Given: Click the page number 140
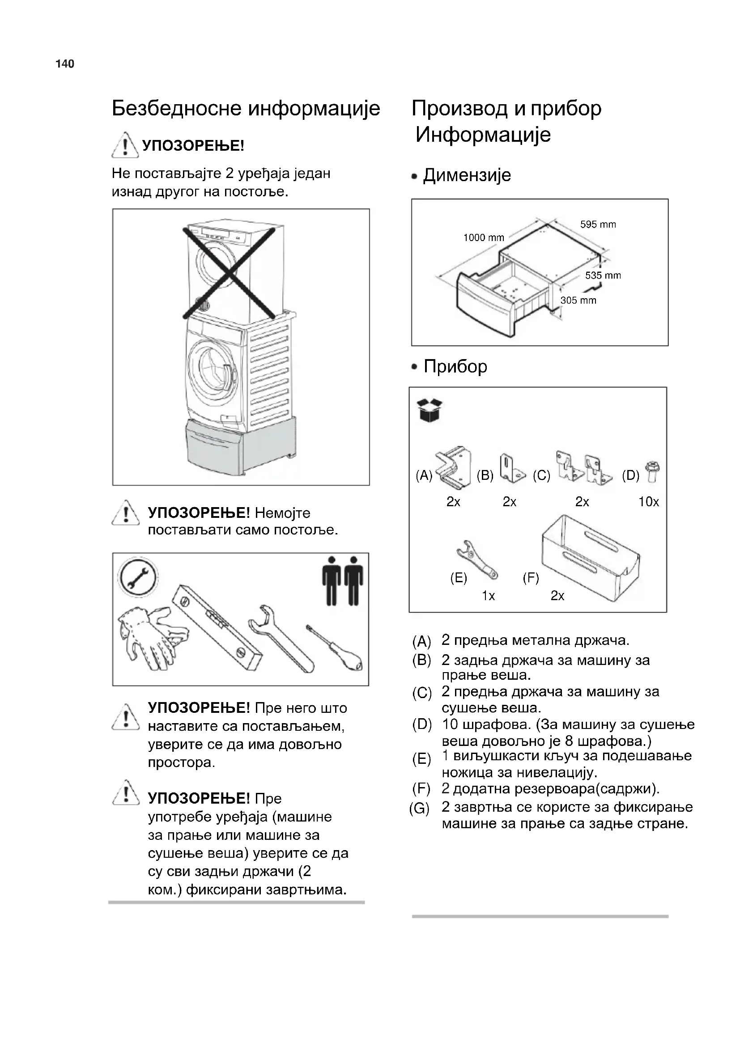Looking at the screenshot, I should (x=65, y=64).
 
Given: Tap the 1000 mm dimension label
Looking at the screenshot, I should (x=484, y=237).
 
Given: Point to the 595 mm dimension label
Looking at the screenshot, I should (x=598, y=224).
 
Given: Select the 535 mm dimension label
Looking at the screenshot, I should (x=603, y=275).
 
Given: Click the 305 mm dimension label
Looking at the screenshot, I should (x=578, y=300).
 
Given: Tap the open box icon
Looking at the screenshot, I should (x=430, y=410).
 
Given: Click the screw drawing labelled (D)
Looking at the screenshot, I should (x=652, y=471).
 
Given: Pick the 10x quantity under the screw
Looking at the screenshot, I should (x=648, y=502).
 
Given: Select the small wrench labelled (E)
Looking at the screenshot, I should (x=476, y=560).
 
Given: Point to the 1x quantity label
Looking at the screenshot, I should (x=489, y=595).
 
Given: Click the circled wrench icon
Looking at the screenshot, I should (x=137, y=577).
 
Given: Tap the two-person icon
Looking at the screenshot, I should (x=343, y=580).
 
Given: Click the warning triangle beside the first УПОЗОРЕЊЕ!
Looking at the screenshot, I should (x=125, y=144).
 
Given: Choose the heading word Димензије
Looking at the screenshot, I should (x=467, y=175).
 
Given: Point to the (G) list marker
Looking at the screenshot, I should (x=419, y=809).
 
